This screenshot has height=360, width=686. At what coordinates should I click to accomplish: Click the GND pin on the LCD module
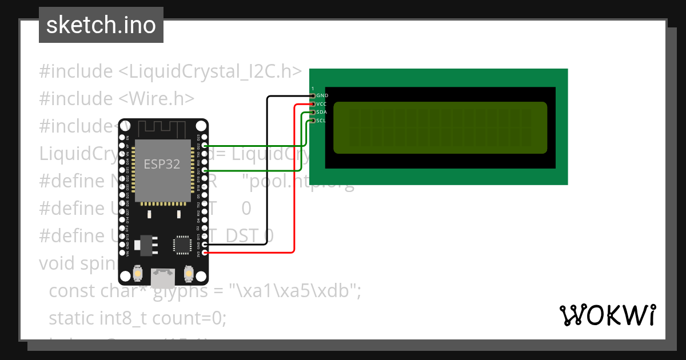pos(313,95)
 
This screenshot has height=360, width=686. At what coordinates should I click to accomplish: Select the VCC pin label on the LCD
pos(321,104)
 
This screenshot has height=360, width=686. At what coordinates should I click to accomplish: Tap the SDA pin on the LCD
pos(313,113)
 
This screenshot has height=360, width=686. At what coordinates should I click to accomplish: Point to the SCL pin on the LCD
pos(313,121)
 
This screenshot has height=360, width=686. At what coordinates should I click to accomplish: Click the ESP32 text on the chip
pos(162,165)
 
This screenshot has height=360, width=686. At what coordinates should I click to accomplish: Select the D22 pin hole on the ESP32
pos(205,146)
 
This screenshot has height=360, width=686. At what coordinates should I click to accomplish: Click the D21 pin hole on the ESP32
pos(205,171)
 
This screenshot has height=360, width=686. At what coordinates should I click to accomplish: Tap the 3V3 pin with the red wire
pos(205,252)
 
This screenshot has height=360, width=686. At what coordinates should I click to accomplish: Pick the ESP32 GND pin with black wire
pos(205,244)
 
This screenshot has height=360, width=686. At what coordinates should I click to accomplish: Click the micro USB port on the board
pos(163,278)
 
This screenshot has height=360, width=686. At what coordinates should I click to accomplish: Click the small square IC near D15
pos(182,244)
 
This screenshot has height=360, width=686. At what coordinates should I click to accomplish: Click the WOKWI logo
pos(607,315)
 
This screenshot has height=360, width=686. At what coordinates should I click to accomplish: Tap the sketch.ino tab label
pos(101,25)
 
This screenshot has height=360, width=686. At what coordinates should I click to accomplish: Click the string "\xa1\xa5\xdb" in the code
pos(295,290)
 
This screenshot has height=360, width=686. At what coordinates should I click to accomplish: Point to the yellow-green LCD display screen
pos(440,128)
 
